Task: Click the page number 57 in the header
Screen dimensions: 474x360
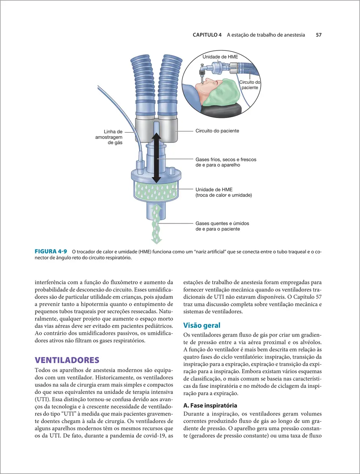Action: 318,35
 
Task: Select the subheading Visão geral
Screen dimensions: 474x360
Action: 201,325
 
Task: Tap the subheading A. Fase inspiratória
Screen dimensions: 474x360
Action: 210,405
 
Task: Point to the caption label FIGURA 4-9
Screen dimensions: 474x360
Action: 51,251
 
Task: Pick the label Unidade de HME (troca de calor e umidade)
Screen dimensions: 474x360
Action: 224,192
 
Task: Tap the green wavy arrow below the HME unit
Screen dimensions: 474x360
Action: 156,224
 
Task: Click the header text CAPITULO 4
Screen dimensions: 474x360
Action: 207,35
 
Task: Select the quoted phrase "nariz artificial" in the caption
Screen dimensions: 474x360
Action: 212,252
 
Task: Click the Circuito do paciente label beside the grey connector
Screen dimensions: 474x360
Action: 217,131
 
